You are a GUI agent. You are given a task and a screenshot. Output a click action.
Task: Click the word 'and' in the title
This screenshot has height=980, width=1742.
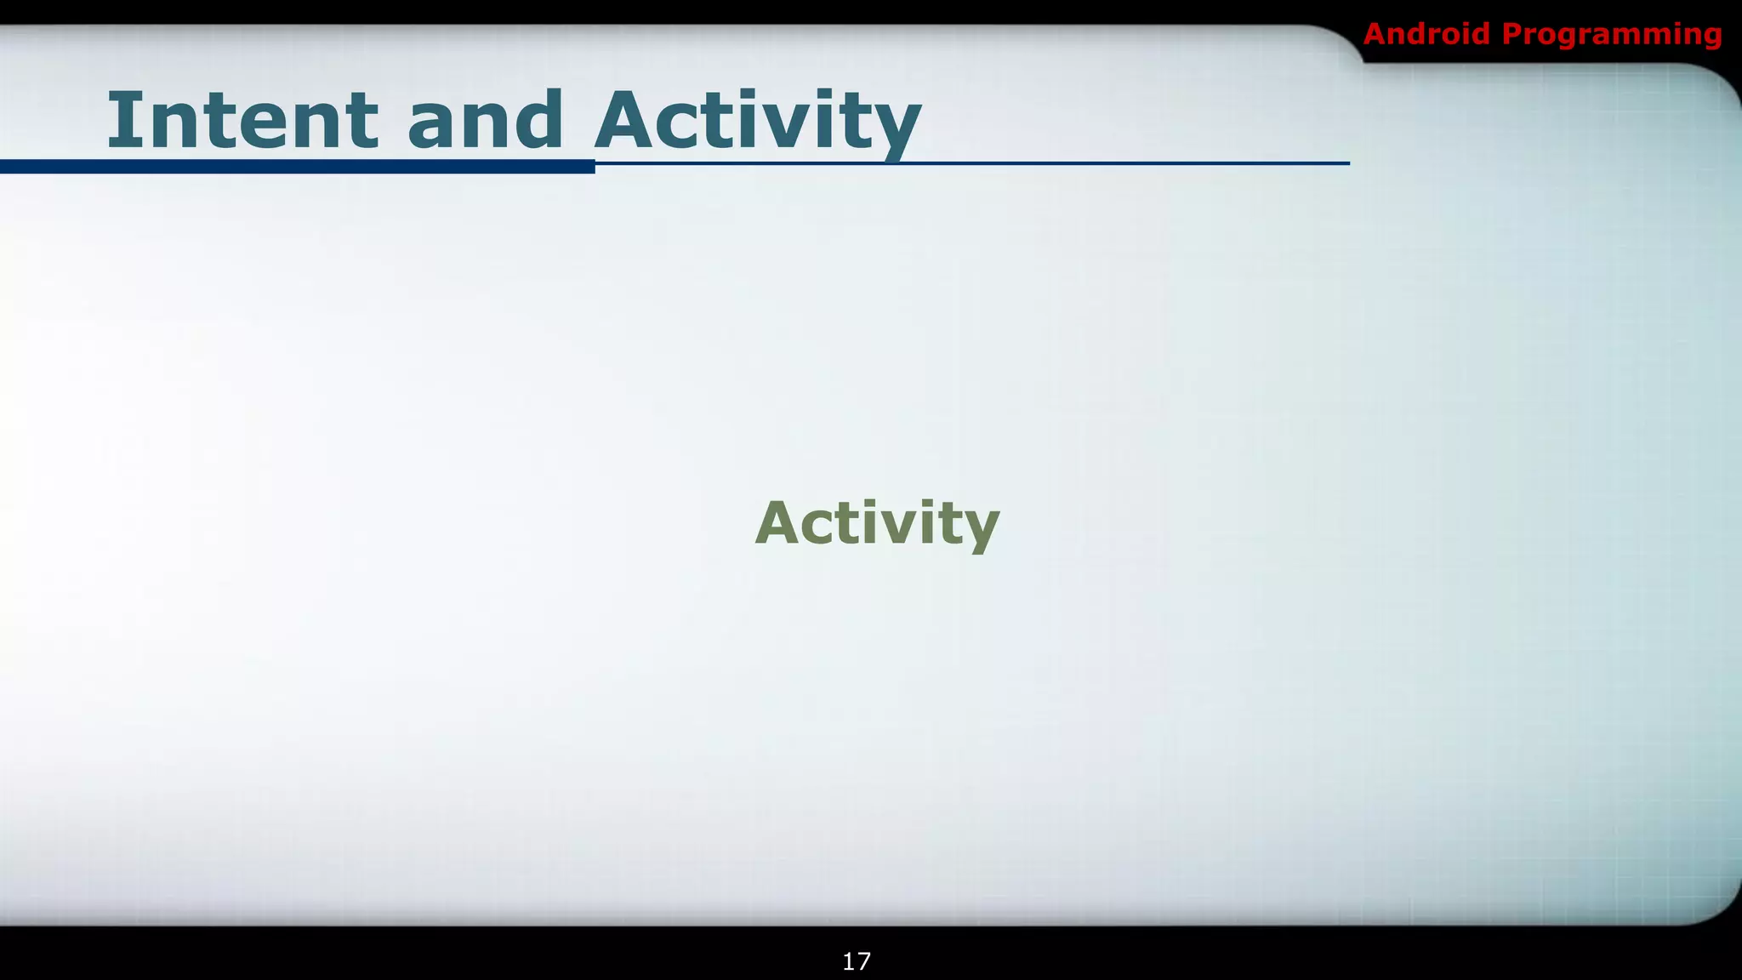pos(485,120)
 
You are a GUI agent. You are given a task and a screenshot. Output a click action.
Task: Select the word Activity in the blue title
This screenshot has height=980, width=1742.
pos(757,122)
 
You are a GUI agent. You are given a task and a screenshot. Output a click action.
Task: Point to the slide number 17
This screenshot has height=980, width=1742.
pos(857,961)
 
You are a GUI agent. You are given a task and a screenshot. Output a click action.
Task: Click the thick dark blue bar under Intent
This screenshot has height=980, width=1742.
pos(298,167)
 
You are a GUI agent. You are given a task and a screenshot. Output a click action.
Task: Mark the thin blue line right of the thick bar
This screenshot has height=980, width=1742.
pos(970,162)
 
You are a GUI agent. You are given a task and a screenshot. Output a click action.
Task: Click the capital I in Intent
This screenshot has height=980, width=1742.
pos(122,120)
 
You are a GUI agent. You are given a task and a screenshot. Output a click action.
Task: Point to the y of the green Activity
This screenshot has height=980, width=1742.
pos(979,529)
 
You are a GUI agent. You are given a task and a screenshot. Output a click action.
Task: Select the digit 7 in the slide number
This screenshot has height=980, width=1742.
pos(863,961)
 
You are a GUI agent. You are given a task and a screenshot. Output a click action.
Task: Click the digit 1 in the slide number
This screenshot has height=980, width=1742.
pos(849,961)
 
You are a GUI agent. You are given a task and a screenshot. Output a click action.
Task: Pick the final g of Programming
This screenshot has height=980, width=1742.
pos(1711,38)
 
